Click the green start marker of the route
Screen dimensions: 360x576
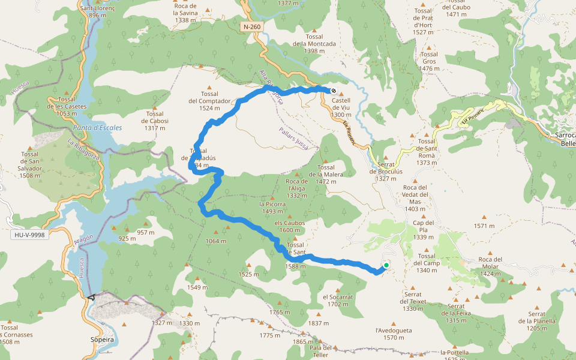pos(386,265)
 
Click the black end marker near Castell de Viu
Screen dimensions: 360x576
pos(334,91)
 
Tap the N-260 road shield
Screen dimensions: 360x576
pos(253,28)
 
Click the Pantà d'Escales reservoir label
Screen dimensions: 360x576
pos(97,128)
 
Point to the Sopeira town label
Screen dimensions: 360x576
pos(101,340)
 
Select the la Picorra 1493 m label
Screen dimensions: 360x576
pos(271,208)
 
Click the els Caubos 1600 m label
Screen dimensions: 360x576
pos(289,227)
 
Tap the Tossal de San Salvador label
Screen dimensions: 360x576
pos(30,165)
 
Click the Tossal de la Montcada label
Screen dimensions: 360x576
pos(314,44)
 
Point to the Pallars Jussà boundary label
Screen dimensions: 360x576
pos(293,137)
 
